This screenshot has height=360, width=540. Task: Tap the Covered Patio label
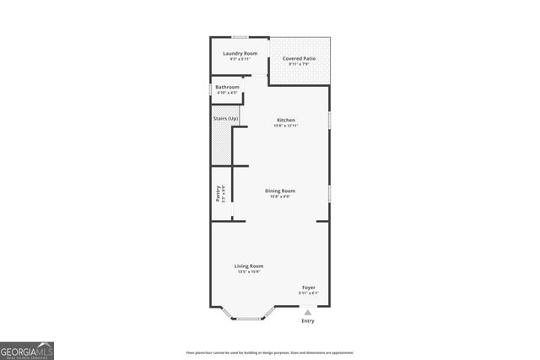300,58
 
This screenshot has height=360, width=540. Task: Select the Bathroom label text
227,87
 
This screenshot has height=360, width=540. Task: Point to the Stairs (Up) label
226,118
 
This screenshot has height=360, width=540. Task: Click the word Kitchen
285,120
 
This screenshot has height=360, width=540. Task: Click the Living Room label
249,266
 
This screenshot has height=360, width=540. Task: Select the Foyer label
309,287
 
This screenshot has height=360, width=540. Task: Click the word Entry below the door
307,321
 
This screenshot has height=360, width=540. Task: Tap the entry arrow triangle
307,310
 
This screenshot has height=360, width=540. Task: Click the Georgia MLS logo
27,348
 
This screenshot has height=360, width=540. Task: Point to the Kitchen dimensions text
286,126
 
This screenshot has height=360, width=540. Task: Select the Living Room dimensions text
249,271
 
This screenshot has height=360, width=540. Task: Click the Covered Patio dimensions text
300,64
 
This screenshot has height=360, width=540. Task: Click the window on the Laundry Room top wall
240,36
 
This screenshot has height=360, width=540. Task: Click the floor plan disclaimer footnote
270,352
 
